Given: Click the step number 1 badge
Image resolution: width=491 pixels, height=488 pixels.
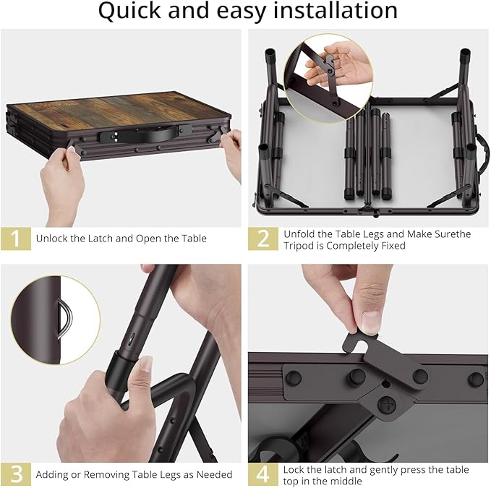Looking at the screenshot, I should click(x=16, y=239).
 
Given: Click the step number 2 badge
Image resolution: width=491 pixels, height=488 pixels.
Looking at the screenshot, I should click(x=263, y=239).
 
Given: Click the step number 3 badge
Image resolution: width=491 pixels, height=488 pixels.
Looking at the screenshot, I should click(x=16, y=474).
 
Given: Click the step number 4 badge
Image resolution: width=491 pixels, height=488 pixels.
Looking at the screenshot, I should click(x=263, y=474).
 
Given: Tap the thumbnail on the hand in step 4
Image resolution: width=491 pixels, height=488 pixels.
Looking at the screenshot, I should click(x=370, y=321).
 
